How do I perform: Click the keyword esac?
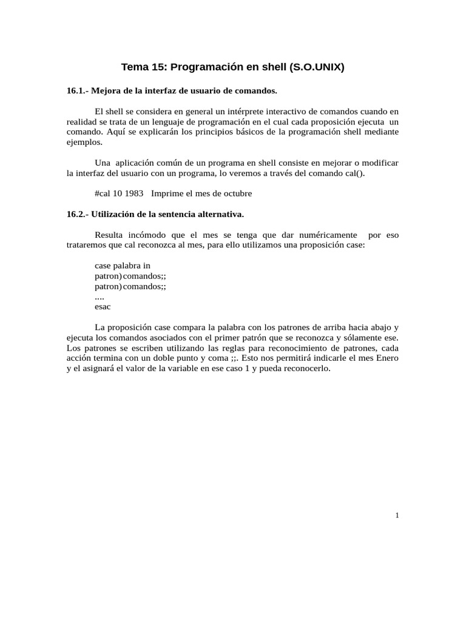[103, 307]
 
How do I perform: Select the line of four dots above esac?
[100, 297]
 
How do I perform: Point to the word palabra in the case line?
[127, 266]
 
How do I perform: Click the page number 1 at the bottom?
[397, 515]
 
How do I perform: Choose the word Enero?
[387, 358]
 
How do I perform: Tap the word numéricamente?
[328, 235]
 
